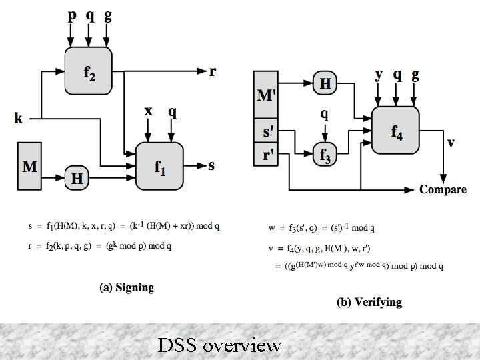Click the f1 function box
pos(160,165)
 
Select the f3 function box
pos(325,154)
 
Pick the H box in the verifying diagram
pos(325,83)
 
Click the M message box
pos(30,164)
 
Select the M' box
pos(265,95)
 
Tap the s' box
pos(265,131)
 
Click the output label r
pos(212,71)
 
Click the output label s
pos(211,165)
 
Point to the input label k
pos(19,119)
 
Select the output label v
pos(451,142)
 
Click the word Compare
pos(443,190)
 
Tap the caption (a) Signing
pos(126,288)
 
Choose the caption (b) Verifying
pos(369,302)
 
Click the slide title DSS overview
pos(220,345)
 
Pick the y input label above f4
pos(379,75)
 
